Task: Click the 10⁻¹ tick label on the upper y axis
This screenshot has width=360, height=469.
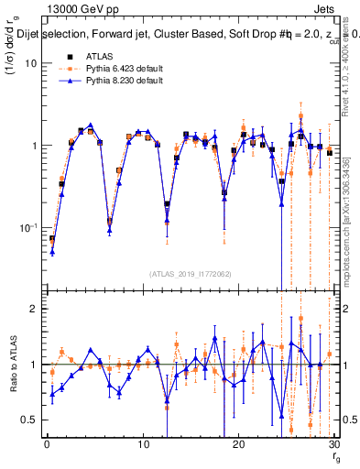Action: point(28,228)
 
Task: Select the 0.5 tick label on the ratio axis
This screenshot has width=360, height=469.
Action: point(29,420)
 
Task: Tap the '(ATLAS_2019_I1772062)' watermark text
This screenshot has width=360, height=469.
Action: point(190,274)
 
